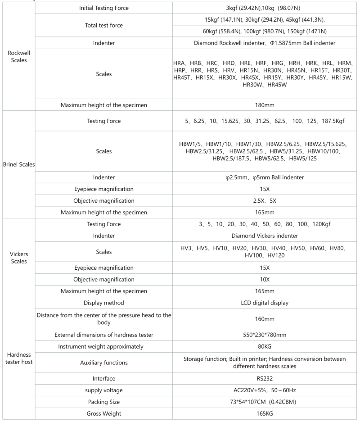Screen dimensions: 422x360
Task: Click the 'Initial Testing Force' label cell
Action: coord(104,9)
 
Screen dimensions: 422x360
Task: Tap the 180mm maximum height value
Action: coord(265,105)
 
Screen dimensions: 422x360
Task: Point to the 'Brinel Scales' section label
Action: coord(18,164)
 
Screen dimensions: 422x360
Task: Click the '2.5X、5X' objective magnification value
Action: coord(265,201)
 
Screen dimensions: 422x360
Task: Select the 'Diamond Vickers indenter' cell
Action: coord(265,235)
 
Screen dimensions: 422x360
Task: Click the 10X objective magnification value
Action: coord(265,279)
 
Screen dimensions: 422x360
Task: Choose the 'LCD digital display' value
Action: coord(265,303)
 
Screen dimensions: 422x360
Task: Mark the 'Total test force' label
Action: coord(104,26)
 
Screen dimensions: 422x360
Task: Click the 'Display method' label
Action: coord(104,303)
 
